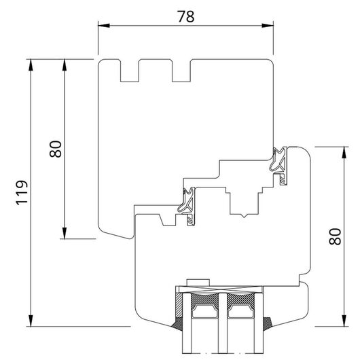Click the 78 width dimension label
(x=186, y=16)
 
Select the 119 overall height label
(x=22, y=192)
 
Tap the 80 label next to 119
(x=56, y=149)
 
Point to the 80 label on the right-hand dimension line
(x=335, y=236)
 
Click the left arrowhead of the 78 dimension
(x=104, y=26)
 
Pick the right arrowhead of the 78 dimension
(x=268, y=26)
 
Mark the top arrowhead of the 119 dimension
(x=31, y=65)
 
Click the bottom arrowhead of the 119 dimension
(x=31, y=321)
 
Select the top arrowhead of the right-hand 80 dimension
(x=344, y=152)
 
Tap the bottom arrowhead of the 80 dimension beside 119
(x=65, y=233)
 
